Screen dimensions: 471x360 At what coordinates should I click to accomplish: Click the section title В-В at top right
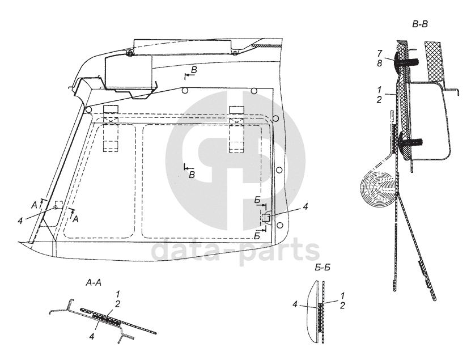(x=421, y=24)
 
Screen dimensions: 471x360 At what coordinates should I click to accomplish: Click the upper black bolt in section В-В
(x=410, y=60)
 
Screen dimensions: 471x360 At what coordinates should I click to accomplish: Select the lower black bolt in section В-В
(x=411, y=139)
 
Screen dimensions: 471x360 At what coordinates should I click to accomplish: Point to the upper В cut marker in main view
(x=193, y=69)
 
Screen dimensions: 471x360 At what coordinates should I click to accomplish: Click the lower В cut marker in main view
(x=192, y=175)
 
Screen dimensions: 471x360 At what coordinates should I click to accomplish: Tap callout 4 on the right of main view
(x=305, y=207)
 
